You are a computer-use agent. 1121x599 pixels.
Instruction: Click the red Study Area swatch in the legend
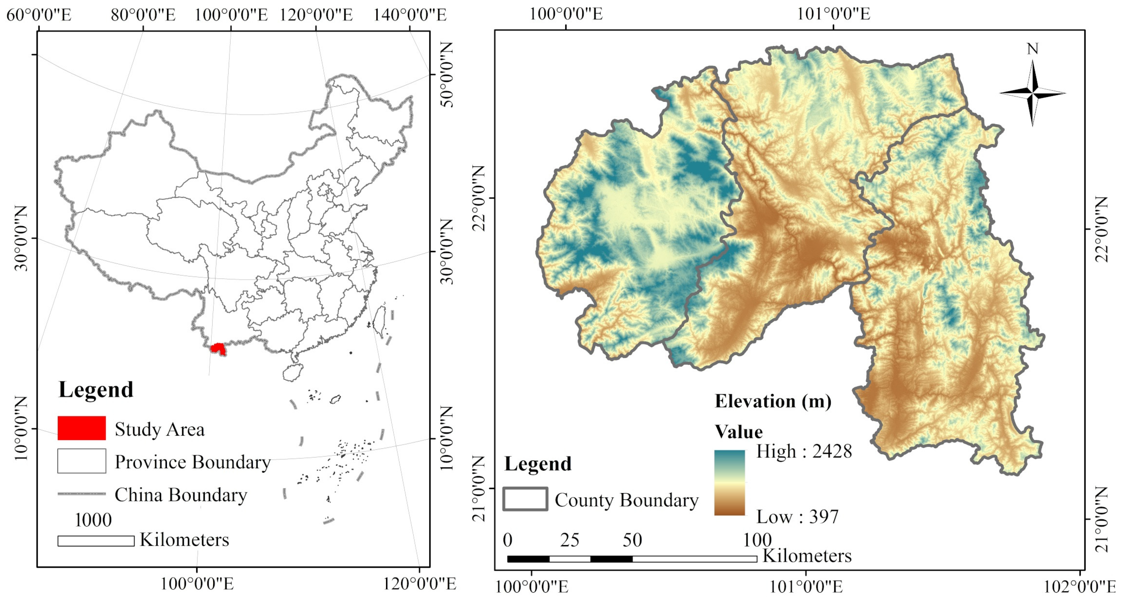(x=81, y=428)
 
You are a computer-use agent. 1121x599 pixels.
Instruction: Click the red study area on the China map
(x=218, y=349)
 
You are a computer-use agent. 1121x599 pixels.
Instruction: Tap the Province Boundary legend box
(x=81, y=461)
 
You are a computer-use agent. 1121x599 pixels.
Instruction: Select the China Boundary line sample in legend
(x=81, y=494)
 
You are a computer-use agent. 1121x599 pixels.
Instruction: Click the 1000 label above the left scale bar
(x=93, y=520)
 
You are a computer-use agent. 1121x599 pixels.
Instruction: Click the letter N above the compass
(x=1033, y=49)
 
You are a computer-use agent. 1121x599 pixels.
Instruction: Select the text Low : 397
(x=797, y=517)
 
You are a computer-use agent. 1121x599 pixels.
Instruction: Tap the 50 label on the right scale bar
(x=632, y=540)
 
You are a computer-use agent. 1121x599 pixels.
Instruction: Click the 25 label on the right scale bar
(x=569, y=540)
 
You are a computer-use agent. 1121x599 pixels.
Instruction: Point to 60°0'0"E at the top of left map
(x=38, y=15)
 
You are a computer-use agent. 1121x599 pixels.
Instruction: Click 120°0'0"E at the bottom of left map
(x=419, y=583)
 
